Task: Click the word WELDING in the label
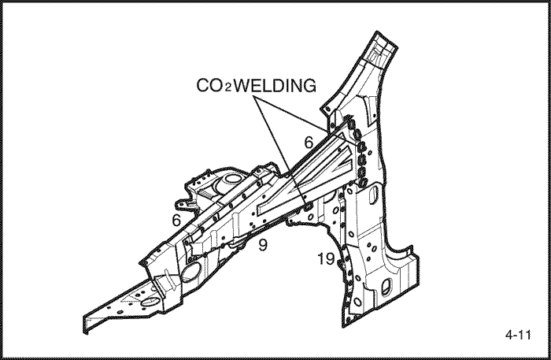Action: pos(275,86)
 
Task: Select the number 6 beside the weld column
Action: pos(309,143)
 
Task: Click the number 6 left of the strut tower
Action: pos(176,220)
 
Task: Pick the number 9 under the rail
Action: pos(262,245)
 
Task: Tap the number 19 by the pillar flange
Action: pos(326,258)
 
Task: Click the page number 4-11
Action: pos(518,335)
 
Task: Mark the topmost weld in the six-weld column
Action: pos(350,124)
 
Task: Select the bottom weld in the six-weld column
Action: pos(363,182)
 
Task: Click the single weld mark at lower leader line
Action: pos(308,207)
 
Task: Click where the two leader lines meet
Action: pos(256,98)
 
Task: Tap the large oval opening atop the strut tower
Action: pos(231,179)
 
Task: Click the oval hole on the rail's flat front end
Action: pos(151,301)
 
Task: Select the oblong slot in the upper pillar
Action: pos(375,194)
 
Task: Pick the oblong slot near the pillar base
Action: pos(386,286)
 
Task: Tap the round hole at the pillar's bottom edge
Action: pos(357,302)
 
